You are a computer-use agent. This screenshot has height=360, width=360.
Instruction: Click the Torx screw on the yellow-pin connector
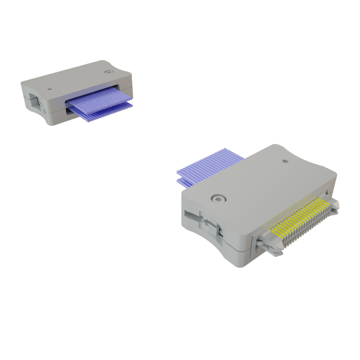218,199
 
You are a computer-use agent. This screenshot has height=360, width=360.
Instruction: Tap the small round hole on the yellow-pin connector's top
285,161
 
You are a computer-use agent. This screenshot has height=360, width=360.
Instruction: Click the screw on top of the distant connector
109,72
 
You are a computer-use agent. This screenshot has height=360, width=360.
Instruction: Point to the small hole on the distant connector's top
50,89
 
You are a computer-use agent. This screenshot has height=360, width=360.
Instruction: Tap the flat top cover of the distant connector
77,81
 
